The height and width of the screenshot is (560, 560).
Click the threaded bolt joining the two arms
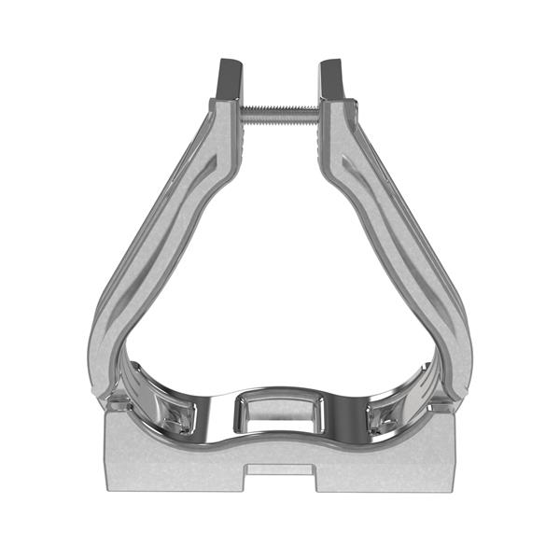pyautogui.click(x=280, y=112)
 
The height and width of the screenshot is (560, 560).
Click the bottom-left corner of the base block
pyautogui.click(x=105, y=489)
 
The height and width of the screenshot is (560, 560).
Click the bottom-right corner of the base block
pyautogui.click(x=456, y=489)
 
